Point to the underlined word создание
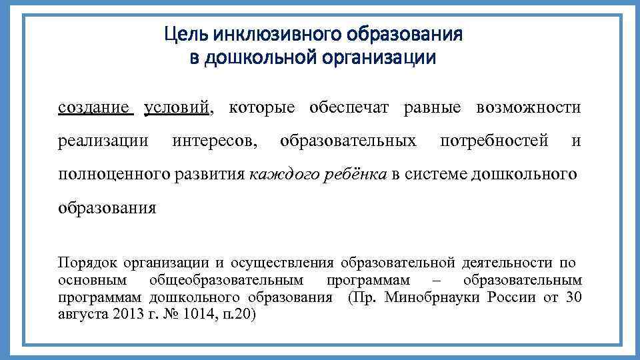click(96, 107)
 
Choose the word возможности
click(529, 107)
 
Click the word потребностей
click(495, 141)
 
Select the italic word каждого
click(278, 175)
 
